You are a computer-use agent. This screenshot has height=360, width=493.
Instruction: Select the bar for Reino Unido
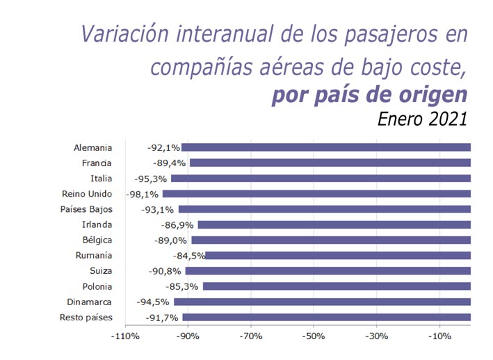click(316, 194)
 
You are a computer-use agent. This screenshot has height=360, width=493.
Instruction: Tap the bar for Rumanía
click(338, 256)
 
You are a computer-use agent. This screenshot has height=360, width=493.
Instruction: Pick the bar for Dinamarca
click(322, 302)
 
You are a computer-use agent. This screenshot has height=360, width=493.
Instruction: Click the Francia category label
click(96, 163)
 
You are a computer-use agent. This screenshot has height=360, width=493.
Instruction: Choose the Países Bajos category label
click(87, 209)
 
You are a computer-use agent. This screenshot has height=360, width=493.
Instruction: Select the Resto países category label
click(86, 318)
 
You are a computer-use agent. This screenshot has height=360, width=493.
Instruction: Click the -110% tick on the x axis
click(125, 336)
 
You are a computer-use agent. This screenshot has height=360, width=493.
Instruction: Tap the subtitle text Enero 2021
click(422, 118)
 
